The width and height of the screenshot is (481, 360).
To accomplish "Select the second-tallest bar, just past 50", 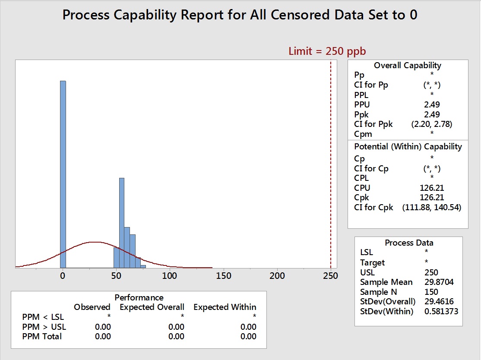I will click(122, 222).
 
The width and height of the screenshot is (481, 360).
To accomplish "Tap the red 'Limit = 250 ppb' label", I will click(327, 51).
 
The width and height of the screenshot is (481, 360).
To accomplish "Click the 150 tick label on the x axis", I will click(223, 275).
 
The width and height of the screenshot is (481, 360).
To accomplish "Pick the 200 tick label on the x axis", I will click(277, 275).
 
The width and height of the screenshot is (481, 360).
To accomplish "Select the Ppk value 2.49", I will click(432, 114).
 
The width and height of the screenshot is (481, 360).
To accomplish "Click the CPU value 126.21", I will click(432, 188).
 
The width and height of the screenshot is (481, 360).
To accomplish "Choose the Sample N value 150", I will click(432, 292).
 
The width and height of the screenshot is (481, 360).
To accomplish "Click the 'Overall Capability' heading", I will click(408, 66).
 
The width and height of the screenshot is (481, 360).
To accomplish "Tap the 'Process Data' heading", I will click(409, 243).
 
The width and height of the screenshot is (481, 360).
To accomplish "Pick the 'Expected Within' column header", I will click(225, 307).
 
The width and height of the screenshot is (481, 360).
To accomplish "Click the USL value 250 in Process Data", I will click(432, 272).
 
